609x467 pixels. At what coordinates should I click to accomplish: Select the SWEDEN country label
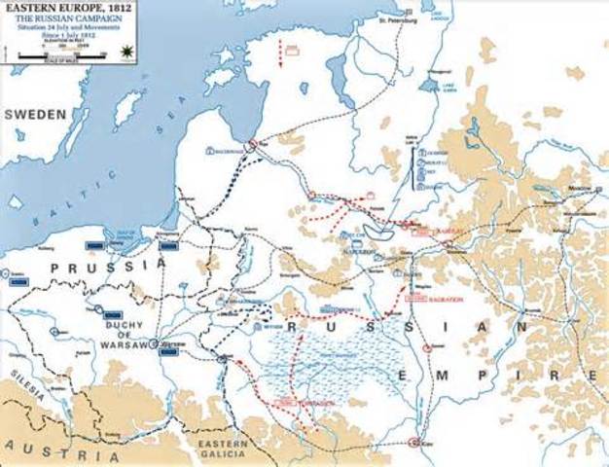click(36, 114)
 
